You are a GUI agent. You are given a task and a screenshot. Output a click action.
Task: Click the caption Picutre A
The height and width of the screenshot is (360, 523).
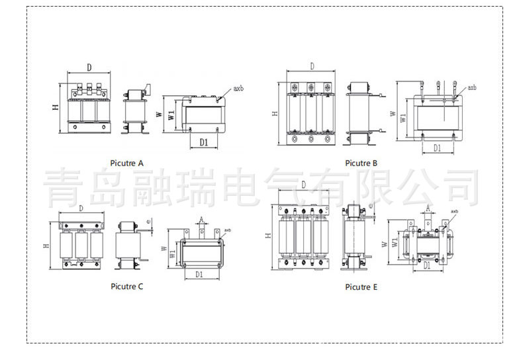click(127, 163)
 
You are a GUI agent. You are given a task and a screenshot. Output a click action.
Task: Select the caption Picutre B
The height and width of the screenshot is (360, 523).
click(361, 163)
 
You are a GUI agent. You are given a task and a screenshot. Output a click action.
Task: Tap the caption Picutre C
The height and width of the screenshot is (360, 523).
click(127, 287)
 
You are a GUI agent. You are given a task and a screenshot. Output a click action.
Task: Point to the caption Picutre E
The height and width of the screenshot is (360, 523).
click(361, 287)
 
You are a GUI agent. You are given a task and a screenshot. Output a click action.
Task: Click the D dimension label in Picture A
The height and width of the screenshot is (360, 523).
click(89, 67)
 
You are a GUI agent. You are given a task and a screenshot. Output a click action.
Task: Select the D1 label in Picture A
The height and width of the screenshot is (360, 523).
click(204, 142)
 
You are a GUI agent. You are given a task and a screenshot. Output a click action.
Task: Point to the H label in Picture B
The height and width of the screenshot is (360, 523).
click(274, 114)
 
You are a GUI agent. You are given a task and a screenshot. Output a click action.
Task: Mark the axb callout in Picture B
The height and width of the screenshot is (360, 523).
click(471, 87)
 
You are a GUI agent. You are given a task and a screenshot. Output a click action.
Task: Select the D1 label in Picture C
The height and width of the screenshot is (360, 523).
click(199, 273)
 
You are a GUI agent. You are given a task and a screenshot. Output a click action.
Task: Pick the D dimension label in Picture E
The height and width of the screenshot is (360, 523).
click(303, 185)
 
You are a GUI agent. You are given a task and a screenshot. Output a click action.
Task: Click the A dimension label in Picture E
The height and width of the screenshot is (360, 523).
click(428, 208)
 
